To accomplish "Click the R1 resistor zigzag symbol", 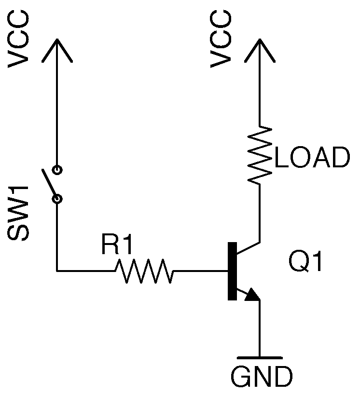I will click(144, 271).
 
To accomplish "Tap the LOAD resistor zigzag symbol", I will click(260, 154).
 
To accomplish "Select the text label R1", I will click(116, 246).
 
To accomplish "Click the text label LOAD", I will click(311, 158).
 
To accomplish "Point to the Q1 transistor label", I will click(305, 263).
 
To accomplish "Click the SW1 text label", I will click(19, 213).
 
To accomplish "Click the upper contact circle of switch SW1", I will click(57, 169).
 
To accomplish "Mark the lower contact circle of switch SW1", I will click(57, 198).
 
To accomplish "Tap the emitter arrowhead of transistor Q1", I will click(252, 295).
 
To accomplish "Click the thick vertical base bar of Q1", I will click(232, 271).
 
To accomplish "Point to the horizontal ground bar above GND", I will click(260, 358).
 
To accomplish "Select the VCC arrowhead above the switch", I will click(57, 48).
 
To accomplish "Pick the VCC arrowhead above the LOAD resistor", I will click(260, 48).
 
